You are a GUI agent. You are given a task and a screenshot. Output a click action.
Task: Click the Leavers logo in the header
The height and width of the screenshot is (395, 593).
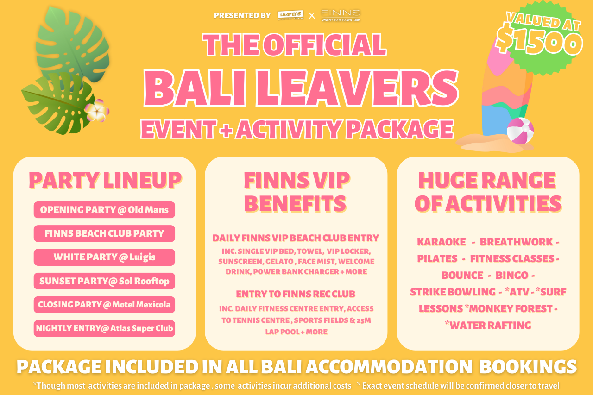point(290,15)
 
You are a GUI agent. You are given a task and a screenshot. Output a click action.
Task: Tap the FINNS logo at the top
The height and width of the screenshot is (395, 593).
point(341,16)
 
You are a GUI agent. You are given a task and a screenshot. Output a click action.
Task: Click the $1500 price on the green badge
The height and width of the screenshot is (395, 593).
point(539,40)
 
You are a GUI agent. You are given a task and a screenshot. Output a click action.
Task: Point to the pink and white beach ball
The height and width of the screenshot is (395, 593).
point(520,131)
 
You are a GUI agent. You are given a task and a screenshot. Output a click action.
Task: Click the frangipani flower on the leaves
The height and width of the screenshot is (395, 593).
point(97,111)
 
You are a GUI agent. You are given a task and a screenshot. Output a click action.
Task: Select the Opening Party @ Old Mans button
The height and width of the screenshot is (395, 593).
point(104,210)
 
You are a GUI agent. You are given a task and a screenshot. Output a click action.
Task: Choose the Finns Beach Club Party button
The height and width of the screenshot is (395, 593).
point(104,233)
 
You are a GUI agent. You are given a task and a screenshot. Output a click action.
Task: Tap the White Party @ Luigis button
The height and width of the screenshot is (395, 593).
point(104,257)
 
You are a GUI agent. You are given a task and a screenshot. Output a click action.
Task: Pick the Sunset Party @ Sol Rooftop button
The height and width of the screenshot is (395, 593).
point(104,281)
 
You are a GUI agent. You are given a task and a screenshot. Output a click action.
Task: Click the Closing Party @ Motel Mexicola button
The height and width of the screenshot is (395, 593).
point(104,305)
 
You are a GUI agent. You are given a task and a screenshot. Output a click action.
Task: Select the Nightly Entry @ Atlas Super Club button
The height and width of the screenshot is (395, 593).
point(104,328)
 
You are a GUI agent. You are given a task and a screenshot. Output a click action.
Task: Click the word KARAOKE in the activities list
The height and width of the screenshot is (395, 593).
point(442,242)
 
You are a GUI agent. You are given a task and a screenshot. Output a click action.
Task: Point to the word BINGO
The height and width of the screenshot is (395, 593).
point(512,276)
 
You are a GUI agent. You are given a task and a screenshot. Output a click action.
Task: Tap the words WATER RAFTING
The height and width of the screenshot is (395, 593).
point(490,326)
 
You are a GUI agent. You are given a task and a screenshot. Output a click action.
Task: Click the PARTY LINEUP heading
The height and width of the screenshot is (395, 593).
point(105,181)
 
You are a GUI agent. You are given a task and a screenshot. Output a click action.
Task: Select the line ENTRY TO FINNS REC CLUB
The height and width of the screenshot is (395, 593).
point(296,294)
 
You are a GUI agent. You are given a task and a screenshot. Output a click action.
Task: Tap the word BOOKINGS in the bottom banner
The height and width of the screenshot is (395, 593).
point(528,367)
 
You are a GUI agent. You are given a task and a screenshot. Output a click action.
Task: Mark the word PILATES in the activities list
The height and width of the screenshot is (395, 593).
point(437,259)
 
